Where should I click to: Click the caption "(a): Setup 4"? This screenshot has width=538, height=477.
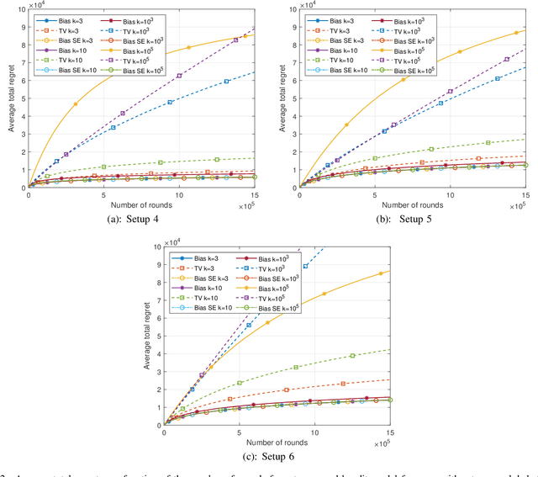[x=138, y=220]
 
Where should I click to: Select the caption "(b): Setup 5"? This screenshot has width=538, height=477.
[x=409, y=220]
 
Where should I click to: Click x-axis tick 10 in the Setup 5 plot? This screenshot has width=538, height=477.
[x=450, y=194]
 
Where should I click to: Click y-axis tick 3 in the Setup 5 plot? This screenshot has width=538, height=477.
[x=292, y=133]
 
